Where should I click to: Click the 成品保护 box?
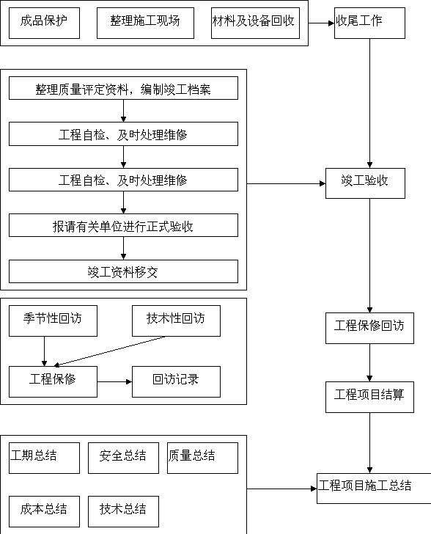click(x=44, y=23)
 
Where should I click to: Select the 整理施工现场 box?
click(x=145, y=23)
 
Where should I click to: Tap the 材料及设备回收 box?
click(x=255, y=23)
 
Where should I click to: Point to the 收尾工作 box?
click(x=369, y=23)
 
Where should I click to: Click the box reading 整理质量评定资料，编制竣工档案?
click(x=123, y=88)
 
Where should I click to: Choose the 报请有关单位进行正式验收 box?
click(x=123, y=225)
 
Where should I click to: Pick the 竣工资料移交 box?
click(x=123, y=271)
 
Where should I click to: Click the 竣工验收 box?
click(x=365, y=183)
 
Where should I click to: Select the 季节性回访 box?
click(x=53, y=321)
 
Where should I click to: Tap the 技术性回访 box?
click(x=176, y=321)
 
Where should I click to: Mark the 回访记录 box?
click(x=176, y=381)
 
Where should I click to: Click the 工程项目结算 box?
click(x=369, y=397)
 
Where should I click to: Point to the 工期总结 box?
click(x=44, y=458)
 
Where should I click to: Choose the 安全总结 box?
click(x=123, y=458)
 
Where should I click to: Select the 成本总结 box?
click(x=44, y=511)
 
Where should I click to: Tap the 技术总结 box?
click(x=123, y=511)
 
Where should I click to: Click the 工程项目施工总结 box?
click(x=374, y=489)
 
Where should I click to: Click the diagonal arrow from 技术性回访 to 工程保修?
click(x=110, y=351)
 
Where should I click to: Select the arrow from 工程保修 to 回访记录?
click(x=114, y=381)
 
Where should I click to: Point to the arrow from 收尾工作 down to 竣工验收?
click(x=369, y=103)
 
